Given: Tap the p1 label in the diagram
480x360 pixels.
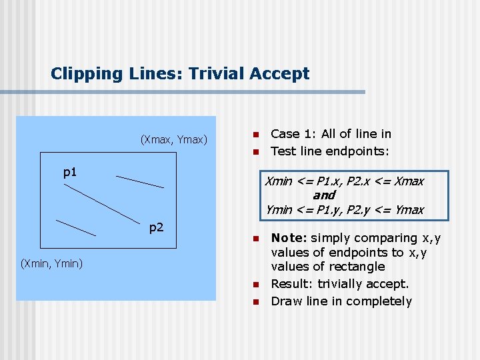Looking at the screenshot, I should (70, 173).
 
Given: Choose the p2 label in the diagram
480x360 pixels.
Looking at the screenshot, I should (156, 227).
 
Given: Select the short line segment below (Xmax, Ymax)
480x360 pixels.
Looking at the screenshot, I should (139, 181).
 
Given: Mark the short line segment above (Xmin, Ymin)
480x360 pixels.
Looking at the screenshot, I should (75, 228).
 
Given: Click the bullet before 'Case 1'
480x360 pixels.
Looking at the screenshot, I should (254, 134).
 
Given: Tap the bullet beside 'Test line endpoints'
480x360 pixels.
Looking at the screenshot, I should (254, 151).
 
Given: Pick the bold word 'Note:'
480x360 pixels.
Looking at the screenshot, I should (288, 238).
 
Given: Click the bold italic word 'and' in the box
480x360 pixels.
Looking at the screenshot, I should (323, 195).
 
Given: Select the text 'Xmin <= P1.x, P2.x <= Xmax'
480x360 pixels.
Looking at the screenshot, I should (344, 181).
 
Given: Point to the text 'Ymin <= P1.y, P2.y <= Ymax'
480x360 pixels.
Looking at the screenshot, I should (344, 210).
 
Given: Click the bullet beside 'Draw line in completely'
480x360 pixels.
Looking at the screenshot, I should (254, 301).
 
